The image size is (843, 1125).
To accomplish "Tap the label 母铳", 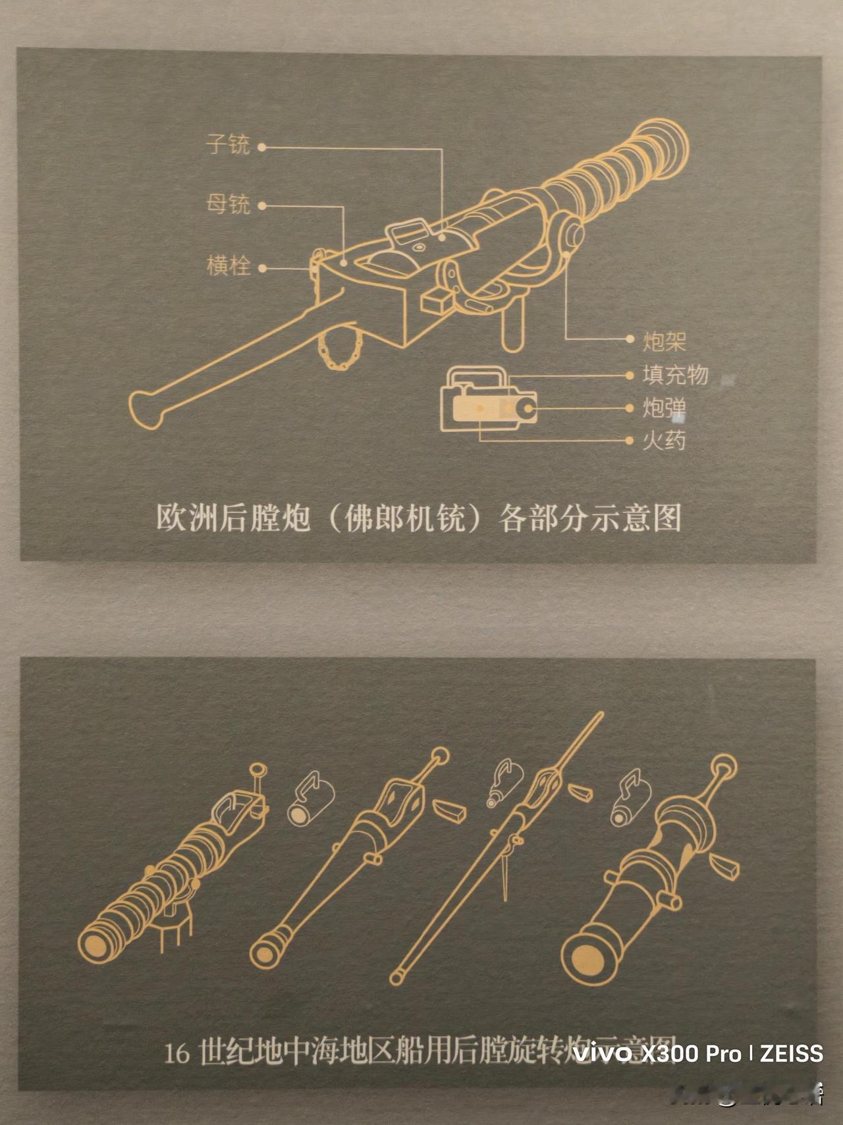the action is (x=228, y=204).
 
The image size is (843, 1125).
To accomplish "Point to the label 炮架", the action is (x=665, y=341).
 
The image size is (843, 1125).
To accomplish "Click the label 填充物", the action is (x=675, y=375).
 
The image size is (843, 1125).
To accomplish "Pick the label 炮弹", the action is (x=665, y=408).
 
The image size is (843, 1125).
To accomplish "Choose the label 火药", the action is (x=665, y=440).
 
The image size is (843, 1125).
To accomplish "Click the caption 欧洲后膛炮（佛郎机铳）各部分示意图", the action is (x=419, y=518).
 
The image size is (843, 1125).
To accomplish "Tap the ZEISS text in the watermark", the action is (x=792, y=1053).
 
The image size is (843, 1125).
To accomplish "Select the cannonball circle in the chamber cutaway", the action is (x=528, y=410).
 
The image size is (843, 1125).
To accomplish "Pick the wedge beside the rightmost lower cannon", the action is (x=725, y=864).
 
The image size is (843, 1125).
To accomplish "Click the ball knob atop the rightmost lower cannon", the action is (x=725, y=766).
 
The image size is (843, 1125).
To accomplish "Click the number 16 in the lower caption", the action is (x=177, y=1054).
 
